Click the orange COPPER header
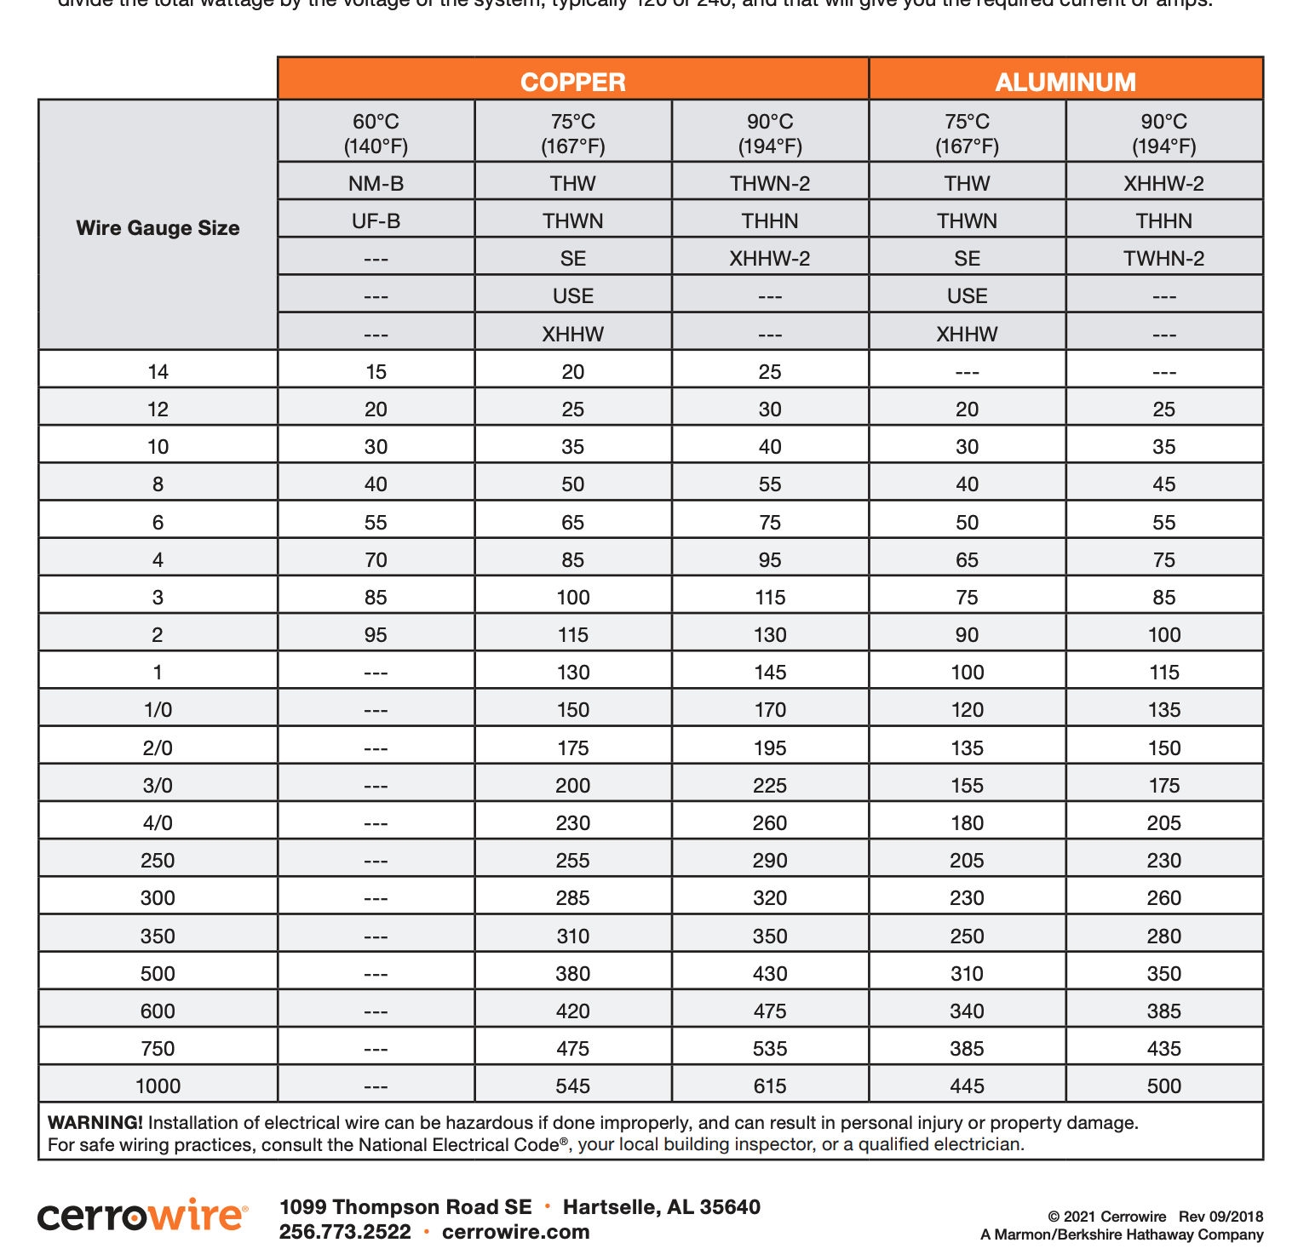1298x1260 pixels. pyautogui.click(x=572, y=82)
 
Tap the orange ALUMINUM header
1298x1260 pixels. pyautogui.click(x=1065, y=82)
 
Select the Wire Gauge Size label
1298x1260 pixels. pyautogui.click(x=158, y=227)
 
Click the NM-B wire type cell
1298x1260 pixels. pyautogui.click(x=376, y=183)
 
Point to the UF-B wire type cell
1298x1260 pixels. pyautogui.click(x=376, y=220)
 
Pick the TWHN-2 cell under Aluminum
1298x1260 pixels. pyautogui.click(x=1163, y=258)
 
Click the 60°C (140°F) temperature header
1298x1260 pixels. pyautogui.click(x=376, y=134)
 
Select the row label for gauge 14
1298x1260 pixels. pyautogui.click(x=158, y=371)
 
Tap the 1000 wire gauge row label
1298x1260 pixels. pyautogui.click(x=158, y=1085)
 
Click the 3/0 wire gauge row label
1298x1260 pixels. pyautogui.click(x=158, y=785)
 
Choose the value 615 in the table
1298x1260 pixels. pyautogui.click(x=769, y=1085)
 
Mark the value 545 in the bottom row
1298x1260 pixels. pyautogui.click(x=572, y=1085)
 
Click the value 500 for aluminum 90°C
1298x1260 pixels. pyautogui.click(x=1163, y=1085)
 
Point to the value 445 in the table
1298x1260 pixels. pyautogui.click(x=967, y=1085)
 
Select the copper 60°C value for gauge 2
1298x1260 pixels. pyautogui.click(x=376, y=634)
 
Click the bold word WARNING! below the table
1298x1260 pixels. pyautogui.click(x=95, y=1122)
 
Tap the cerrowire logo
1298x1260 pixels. pyautogui.click(x=142, y=1216)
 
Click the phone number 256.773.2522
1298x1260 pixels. pyautogui.click(x=345, y=1232)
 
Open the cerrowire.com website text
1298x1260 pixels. pyautogui.click(x=515, y=1232)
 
